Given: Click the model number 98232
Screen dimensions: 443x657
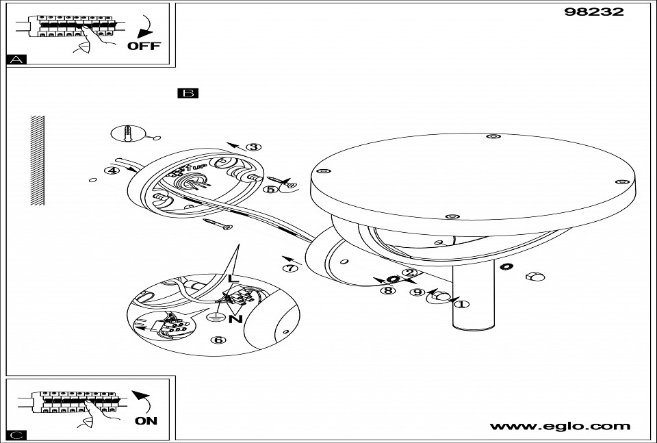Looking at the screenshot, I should point(594,12).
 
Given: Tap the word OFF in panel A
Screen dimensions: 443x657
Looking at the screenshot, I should point(144,46).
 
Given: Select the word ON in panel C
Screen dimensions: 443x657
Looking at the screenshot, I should point(146,420).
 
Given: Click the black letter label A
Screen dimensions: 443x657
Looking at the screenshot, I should point(16,60).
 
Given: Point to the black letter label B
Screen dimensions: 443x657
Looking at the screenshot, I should point(187,93).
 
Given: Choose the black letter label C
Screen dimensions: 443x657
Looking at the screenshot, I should point(16,435).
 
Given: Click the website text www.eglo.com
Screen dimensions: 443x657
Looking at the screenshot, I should point(560,426).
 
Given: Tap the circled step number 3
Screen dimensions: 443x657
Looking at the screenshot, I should point(254,147).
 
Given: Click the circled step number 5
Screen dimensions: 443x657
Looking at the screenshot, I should point(271,189).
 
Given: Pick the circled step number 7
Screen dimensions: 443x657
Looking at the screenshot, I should point(292,268).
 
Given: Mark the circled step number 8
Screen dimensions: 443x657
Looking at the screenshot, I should point(389,290).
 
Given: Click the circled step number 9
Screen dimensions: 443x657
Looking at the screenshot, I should point(417,292).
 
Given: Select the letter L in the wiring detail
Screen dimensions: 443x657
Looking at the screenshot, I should point(233,279).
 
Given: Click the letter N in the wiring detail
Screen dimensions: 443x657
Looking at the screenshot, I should point(235,318).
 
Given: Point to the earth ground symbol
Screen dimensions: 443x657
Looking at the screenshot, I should point(215,316).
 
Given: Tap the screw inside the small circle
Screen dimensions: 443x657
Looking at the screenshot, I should point(128,132).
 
